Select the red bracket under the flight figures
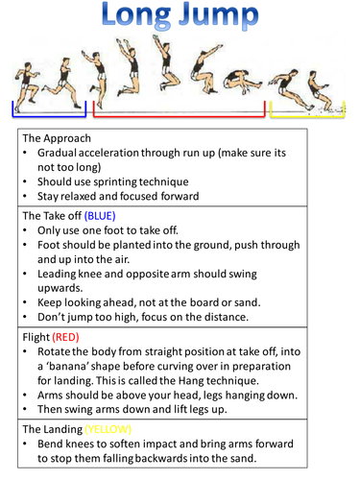pyautogui.click(x=179, y=116)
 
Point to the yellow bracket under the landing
pyautogui.click(x=307, y=116)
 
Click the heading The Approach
pyautogui.click(x=57, y=138)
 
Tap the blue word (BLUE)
pyautogui.click(x=100, y=216)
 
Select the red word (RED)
pyautogui.click(x=65, y=337)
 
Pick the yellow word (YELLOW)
pyautogui.click(x=108, y=429)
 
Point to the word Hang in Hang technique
pyautogui.click(x=191, y=381)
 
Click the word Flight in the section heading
pyautogui.click(x=36, y=337)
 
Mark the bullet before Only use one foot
pyautogui.click(x=25, y=230)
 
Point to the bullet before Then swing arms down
pyautogui.click(x=25, y=409)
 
